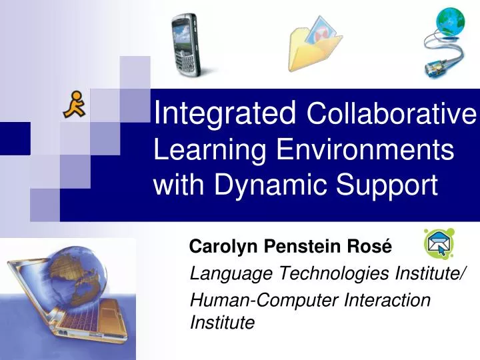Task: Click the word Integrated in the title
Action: click(225, 115)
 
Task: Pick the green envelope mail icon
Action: click(439, 244)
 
